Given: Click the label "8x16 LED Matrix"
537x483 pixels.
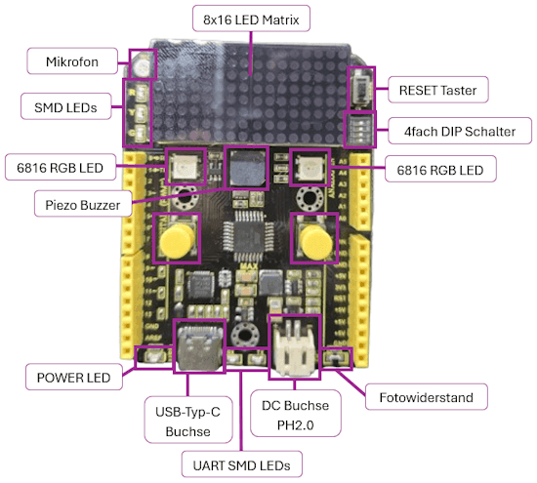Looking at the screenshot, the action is (x=251, y=19).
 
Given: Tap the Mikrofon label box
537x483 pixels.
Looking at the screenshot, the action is (x=72, y=61).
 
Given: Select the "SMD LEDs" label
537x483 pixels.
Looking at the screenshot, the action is (x=65, y=106).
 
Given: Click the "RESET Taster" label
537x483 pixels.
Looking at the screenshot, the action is (x=438, y=90).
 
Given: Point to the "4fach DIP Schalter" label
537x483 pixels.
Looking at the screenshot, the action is (x=460, y=131).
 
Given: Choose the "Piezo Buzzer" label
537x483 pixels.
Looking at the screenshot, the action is (x=83, y=204).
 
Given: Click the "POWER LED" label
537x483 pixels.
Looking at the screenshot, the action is (x=73, y=377).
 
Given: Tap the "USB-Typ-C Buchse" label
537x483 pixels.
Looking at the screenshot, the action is (x=188, y=421).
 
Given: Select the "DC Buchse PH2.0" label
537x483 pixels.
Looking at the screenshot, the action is (x=295, y=415).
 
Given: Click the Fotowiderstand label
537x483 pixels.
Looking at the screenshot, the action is (x=427, y=397).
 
